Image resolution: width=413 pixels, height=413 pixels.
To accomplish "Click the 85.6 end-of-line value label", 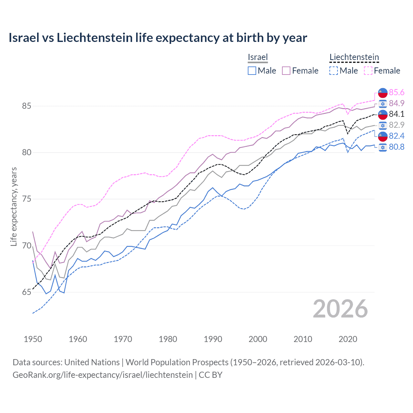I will pyautogui.click(x=396, y=93).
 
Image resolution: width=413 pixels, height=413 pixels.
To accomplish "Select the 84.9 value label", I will pyautogui.click(x=396, y=103).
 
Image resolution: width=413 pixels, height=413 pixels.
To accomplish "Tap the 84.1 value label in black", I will pyautogui.click(x=396, y=114).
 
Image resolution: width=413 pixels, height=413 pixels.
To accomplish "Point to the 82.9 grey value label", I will pyautogui.click(x=396, y=125).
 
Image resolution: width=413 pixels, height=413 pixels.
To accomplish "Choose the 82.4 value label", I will pyautogui.click(x=396, y=136).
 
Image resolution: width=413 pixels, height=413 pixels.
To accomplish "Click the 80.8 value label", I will pyautogui.click(x=396, y=147).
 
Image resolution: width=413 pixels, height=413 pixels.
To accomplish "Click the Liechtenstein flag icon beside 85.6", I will pyautogui.click(x=383, y=93).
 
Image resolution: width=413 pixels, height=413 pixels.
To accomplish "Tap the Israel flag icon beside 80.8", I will pyautogui.click(x=383, y=147).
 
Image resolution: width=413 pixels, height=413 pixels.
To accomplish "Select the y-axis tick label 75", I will pyautogui.click(x=27, y=199).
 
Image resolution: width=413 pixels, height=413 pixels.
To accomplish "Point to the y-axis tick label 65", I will pyautogui.click(x=27, y=292).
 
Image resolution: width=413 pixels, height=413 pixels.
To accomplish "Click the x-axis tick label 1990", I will pyautogui.click(x=213, y=339).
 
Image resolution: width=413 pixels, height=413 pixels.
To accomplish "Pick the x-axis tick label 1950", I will pyautogui.click(x=33, y=339).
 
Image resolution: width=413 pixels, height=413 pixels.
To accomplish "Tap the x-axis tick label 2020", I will pyautogui.click(x=348, y=339).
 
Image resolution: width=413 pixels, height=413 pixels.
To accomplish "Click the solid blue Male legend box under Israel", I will pyautogui.click(x=252, y=71).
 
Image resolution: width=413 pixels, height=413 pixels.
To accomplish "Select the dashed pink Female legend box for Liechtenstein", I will pyautogui.click(x=368, y=71).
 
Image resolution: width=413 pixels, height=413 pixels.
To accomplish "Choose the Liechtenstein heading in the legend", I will pyautogui.click(x=354, y=57).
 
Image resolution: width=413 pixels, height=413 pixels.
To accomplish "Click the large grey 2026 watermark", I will pyautogui.click(x=340, y=309).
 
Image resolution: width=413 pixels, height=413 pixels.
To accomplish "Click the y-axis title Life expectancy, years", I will pyautogui.click(x=14, y=206).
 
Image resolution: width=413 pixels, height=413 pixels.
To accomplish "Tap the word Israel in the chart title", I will pyautogui.click(x=23, y=38).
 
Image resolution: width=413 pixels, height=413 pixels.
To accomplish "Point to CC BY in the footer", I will pyautogui.click(x=210, y=375).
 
